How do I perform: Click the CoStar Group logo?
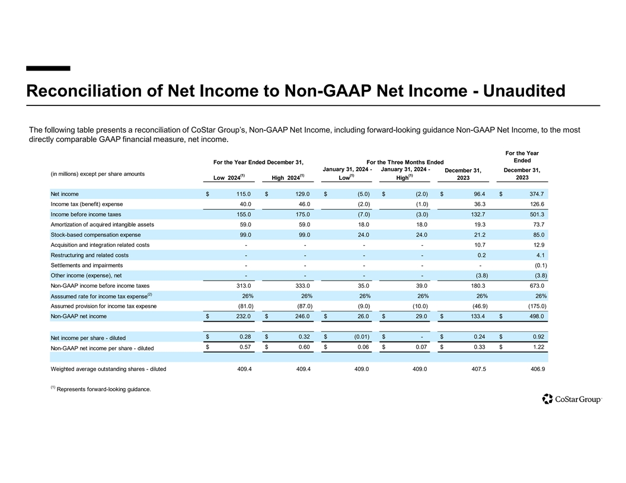(x=571, y=400)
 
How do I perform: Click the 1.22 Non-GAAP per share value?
(x=538, y=347)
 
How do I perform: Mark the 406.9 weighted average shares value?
(x=535, y=369)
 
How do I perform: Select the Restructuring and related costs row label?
(x=89, y=255)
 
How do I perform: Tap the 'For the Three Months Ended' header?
(x=405, y=162)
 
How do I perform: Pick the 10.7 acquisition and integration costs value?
(x=480, y=245)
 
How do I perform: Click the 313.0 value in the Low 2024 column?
(x=242, y=286)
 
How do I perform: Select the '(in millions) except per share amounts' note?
(x=97, y=173)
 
